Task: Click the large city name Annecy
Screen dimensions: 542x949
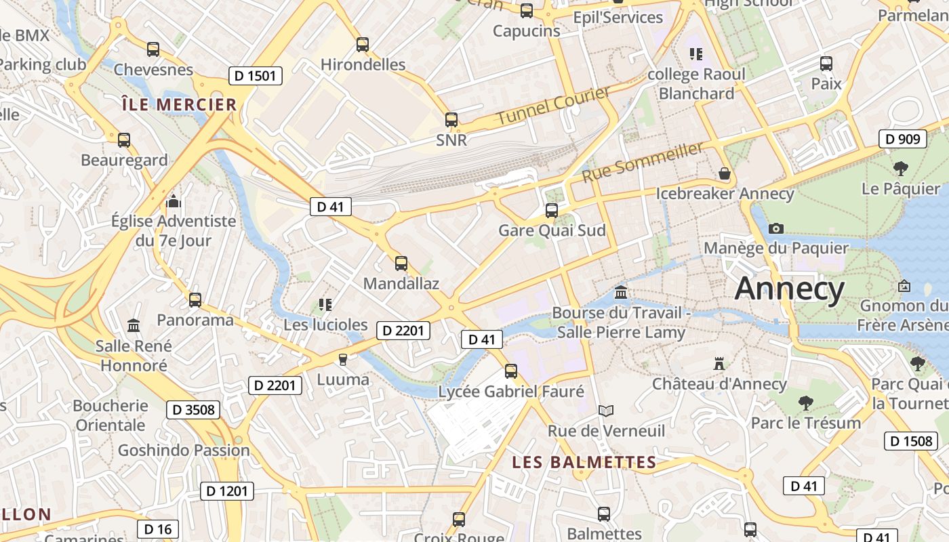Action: coord(790,289)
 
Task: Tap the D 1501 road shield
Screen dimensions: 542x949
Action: coord(255,76)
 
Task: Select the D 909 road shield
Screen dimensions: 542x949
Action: coord(902,140)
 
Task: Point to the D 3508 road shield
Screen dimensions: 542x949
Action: coord(193,409)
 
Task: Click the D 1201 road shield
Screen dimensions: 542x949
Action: coord(227,491)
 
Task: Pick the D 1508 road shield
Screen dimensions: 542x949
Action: coord(911,441)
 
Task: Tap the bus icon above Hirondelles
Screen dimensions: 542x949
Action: coord(363,45)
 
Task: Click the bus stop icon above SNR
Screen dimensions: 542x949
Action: coord(451,120)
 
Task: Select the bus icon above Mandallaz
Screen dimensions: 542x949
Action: coord(401,263)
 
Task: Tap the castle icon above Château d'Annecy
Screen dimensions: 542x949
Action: coord(719,364)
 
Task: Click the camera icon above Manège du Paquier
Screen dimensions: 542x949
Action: coord(776,228)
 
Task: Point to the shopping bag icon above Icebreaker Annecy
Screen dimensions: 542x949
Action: coord(725,173)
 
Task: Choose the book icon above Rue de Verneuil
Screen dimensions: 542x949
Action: coord(606,411)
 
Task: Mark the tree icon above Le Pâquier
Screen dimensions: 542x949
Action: coord(901,168)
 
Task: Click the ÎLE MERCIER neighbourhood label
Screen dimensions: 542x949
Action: coord(180,105)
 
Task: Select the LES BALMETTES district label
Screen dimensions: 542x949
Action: coord(584,463)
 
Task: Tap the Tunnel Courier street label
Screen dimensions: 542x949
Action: coord(552,105)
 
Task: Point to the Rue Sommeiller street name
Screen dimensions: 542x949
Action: coord(643,163)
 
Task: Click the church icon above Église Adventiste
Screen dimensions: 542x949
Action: coord(174,201)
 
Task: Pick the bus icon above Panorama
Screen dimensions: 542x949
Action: coord(195,299)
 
